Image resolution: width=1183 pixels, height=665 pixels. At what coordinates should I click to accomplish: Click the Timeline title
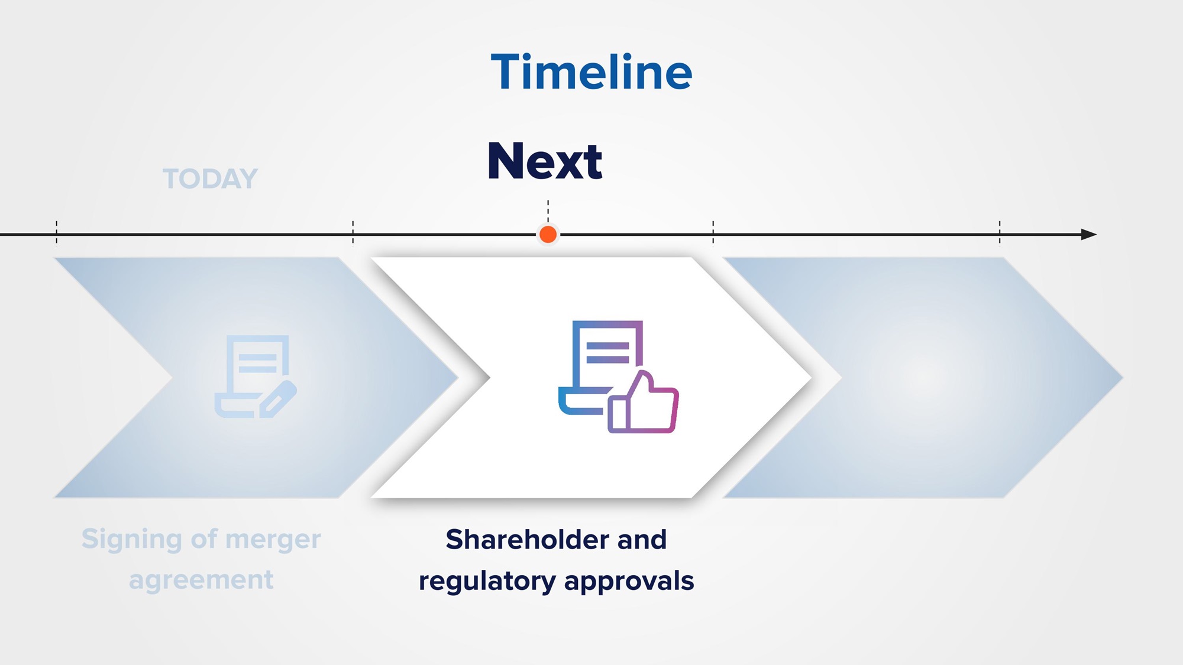coord(591,72)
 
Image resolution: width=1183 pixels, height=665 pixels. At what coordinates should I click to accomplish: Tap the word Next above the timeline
coord(545,161)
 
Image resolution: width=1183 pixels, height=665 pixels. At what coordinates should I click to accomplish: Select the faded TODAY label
coord(210,179)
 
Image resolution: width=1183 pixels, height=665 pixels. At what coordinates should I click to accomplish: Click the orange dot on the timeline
coord(548,235)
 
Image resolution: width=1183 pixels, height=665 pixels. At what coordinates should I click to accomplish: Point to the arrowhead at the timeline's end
coord(1089,235)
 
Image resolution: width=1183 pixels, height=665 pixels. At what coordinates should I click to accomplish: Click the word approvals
coord(629,582)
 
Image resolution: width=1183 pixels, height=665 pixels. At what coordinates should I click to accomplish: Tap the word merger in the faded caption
coord(273,540)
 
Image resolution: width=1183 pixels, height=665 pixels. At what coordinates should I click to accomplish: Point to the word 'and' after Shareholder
coord(642,539)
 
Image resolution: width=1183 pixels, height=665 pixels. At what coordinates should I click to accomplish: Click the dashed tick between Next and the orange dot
coord(548,212)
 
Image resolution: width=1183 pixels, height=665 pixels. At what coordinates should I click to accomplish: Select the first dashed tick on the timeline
coord(57,232)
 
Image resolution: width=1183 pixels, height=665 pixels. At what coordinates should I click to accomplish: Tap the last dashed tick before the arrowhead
coord(1000,232)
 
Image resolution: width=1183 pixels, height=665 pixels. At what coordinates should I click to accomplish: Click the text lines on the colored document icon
coord(607,352)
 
